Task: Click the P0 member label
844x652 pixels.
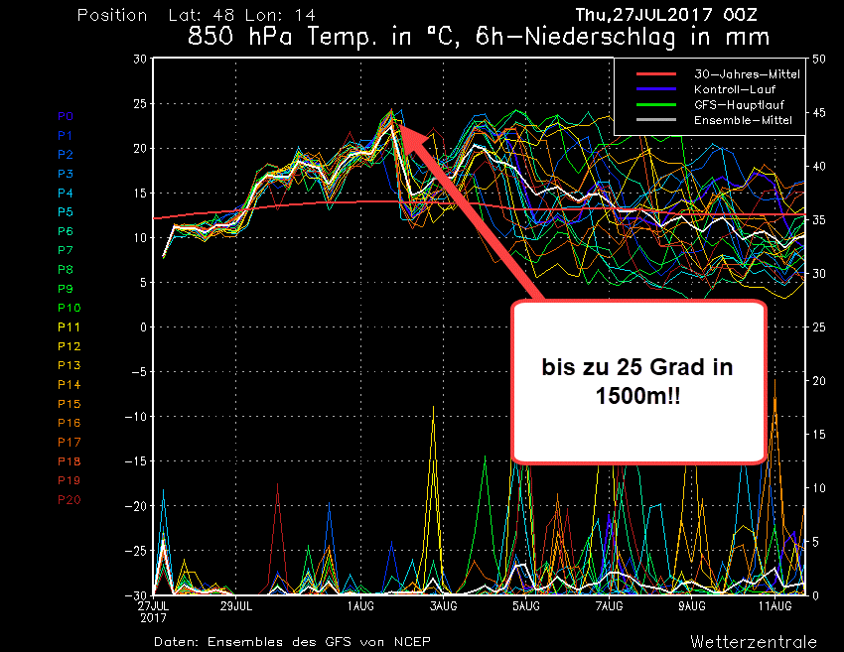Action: tap(65, 116)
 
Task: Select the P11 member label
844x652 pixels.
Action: tap(69, 327)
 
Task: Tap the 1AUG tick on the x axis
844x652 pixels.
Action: tap(360, 604)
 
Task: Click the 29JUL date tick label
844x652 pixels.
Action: tap(236, 604)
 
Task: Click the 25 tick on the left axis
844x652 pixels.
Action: tap(140, 103)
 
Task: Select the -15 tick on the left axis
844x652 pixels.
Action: tap(136, 461)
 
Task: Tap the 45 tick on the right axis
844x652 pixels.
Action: tap(819, 113)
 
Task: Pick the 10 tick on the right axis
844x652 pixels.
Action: tap(819, 488)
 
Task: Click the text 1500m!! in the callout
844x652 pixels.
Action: tap(638, 395)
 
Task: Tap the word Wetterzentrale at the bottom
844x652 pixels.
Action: tap(754, 641)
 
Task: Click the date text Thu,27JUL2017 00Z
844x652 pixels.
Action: tap(672, 15)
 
